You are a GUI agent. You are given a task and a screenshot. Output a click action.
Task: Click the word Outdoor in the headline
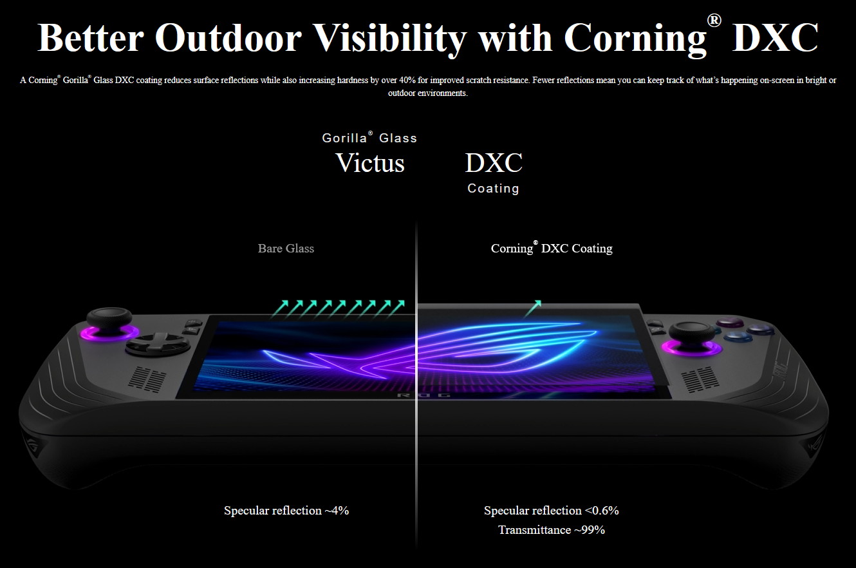(x=228, y=37)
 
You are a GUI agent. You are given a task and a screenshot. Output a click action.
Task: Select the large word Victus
(x=370, y=162)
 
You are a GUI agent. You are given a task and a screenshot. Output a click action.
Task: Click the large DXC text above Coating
(x=494, y=162)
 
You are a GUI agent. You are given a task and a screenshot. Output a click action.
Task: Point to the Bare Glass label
(x=286, y=248)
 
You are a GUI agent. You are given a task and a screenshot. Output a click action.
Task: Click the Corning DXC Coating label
(x=552, y=247)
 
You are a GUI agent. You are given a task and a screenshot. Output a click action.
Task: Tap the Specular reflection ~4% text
(x=286, y=510)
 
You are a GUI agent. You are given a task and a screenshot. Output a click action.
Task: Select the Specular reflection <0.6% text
(x=551, y=510)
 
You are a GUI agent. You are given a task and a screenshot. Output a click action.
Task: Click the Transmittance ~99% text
(x=552, y=530)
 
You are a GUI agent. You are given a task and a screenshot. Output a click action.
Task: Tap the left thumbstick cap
(x=109, y=316)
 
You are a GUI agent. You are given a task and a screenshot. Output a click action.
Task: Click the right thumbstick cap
(x=691, y=331)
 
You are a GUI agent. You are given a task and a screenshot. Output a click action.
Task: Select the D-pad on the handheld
(x=158, y=343)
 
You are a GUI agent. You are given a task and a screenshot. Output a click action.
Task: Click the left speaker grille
(x=147, y=379)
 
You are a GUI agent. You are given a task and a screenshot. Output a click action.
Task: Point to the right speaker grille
(x=700, y=379)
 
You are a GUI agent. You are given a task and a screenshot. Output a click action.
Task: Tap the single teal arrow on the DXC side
(x=532, y=309)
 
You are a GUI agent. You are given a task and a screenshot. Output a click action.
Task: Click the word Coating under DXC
(x=494, y=188)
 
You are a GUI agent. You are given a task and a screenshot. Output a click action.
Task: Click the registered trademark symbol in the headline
(x=714, y=21)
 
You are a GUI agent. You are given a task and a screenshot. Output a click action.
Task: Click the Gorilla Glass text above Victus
(x=369, y=137)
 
